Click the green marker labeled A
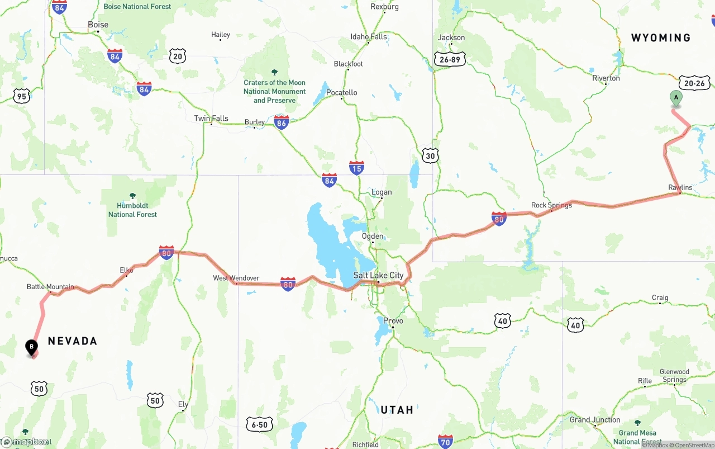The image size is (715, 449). coord(676,98)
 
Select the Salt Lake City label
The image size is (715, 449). coord(378,275)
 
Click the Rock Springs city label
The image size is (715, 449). coord(551,205)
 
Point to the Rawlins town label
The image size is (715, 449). coord(680,187)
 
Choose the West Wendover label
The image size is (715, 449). coord(236,278)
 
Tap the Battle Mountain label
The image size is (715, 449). coord(50,287)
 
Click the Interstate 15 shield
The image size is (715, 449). coord(356,167)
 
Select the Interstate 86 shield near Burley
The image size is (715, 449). coord(282,122)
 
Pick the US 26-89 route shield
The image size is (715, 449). coord(450,59)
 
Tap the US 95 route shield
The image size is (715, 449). coord(21,96)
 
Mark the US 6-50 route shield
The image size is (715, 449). coord(260,424)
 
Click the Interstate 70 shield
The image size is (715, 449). coord(445,441)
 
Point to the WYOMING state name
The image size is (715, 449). coord(661,38)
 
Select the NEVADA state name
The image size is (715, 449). coord(73,341)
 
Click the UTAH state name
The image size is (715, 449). coord(397,410)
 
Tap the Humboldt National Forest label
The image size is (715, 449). coord(132,210)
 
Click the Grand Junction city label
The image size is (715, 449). coord(595,420)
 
